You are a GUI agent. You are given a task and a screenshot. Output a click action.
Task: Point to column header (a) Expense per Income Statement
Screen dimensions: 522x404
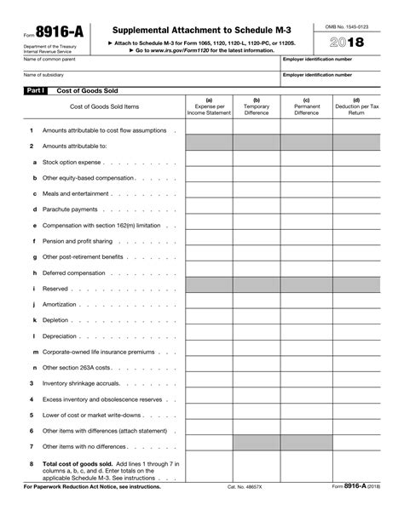pyautogui.click(x=209, y=106)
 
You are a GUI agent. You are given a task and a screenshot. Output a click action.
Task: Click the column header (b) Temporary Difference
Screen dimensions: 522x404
pyautogui.click(x=257, y=106)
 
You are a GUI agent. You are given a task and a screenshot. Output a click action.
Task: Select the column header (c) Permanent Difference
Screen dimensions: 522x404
pyautogui.click(x=306, y=106)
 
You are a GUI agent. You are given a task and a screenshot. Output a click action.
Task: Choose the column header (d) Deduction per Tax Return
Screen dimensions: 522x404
pyautogui.click(x=356, y=106)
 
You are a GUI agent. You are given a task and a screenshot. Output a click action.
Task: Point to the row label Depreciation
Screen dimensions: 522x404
pyautogui.click(x=62, y=336)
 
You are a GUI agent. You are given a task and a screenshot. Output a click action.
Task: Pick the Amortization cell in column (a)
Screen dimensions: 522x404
pyautogui.click(x=209, y=304)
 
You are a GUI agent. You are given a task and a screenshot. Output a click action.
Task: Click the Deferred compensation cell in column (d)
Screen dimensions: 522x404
pyautogui.click(x=356, y=272)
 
